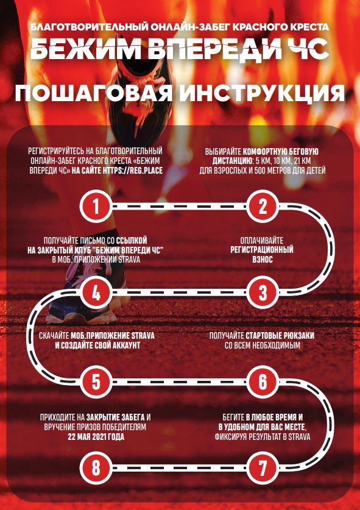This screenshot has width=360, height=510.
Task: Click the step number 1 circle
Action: click(96, 206)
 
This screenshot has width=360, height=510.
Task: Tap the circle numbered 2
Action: click(263, 206)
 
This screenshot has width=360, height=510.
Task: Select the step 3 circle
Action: click(263, 292)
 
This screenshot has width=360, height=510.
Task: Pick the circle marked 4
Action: click(96, 292)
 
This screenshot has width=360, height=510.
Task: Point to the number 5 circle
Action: click(96, 381)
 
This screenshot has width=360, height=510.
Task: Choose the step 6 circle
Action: click(263, 381)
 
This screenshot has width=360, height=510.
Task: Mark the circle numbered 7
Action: click(263, 468)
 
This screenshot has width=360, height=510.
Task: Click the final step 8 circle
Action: click(96, 468)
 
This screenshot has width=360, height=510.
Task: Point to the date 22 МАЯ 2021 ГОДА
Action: click(96, 436)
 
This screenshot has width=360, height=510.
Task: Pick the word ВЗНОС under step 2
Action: click(262, 260)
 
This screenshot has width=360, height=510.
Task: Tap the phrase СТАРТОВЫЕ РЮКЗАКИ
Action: click(280, 336)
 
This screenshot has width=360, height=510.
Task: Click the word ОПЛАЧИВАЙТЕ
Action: click(262, 241)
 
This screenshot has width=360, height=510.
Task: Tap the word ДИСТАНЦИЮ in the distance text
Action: click(231, 161)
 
